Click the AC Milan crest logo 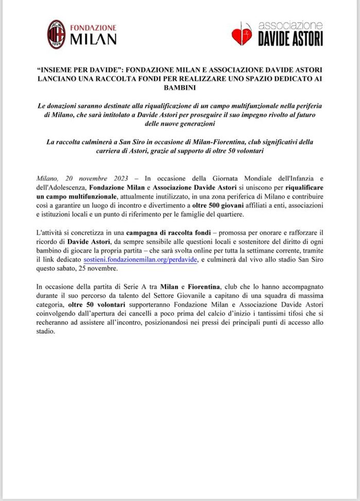click(x=56, y=34)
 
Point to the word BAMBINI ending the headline click(x=180, y=88)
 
